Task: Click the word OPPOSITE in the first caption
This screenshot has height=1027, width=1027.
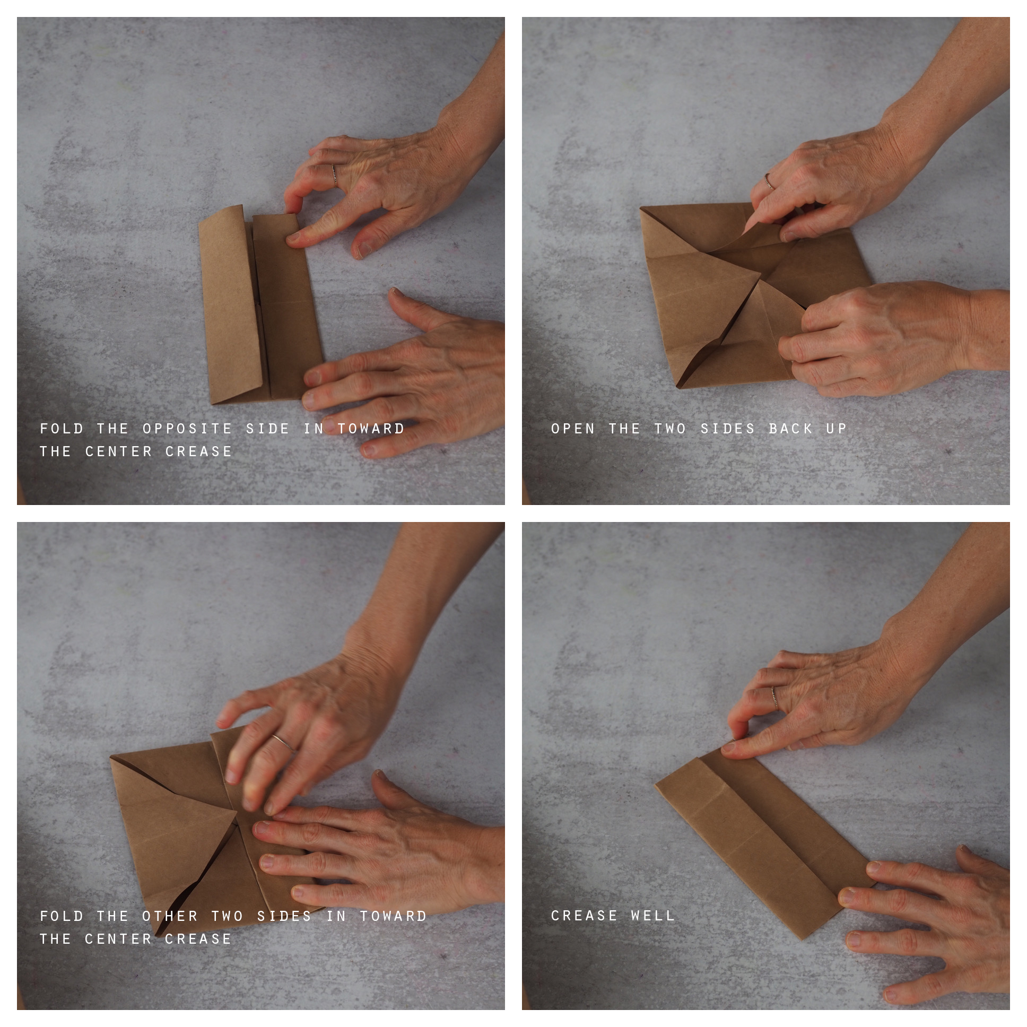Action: [x=188, y=429]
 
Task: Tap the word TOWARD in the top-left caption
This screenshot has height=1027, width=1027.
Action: [x=371, y=429]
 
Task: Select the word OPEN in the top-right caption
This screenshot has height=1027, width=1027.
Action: [x=573, y=429]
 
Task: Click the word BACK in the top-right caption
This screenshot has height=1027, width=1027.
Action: [x=790, y=429]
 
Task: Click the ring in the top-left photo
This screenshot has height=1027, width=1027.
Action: [x=334, y=175]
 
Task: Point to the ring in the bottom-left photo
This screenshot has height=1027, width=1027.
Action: [x=283, y=742]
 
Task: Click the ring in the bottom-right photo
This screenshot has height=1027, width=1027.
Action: [x=774, y=697]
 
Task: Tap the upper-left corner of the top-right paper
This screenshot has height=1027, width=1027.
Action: [x=641, y=207]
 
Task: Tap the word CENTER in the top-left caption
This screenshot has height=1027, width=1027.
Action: [x=118, y=451]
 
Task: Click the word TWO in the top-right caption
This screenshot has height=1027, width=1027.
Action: [x=671, y=429]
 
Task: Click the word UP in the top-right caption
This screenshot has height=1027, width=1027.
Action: [x=837, y=429]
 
